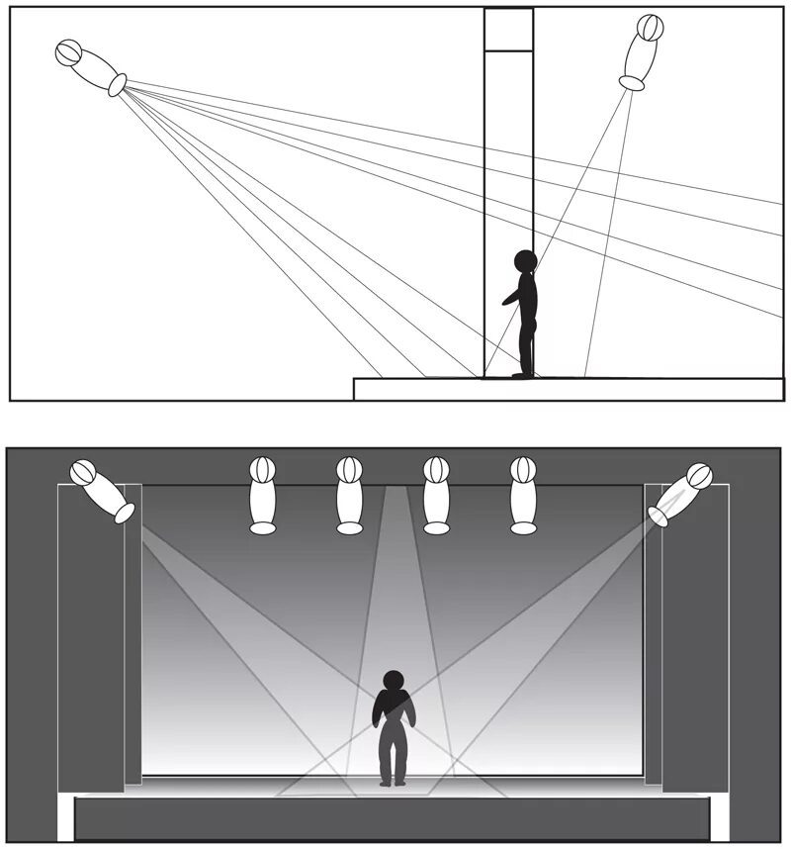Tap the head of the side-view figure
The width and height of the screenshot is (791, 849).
pyautogui.click(x=525, y=261)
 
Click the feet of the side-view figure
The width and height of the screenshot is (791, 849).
pyautogui.click(x=523, y=374)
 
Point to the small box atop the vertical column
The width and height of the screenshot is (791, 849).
pyautogui.click(x=508, y=30)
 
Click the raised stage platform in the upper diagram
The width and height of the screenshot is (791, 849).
pyautogui.click(x=569, y=388)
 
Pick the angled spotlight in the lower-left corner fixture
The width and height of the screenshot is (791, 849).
pyautogui.click(x=103, y=491)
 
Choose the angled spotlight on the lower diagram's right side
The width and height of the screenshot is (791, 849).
pyautogui.click(x=681, y=493)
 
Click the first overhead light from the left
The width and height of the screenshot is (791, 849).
pyautogui.click(x=262, y=495)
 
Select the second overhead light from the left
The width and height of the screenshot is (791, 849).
pyautogui.click(x=349, y=495)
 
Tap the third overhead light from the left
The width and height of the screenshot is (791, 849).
pyautogui.click(x=436, y=495)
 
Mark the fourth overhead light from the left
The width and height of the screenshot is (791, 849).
pyautogui.click(x=523, y=495)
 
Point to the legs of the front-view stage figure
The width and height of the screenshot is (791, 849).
pyautogui.click(x=394, y=757)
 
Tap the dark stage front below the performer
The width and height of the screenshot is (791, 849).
pyautogui.click(x=393, y=818)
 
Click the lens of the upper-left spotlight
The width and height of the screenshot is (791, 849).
pyautogui.click(x=118, y=86)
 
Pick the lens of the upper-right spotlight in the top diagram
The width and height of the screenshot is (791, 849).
pyautogui.click(x=632, y=84)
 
